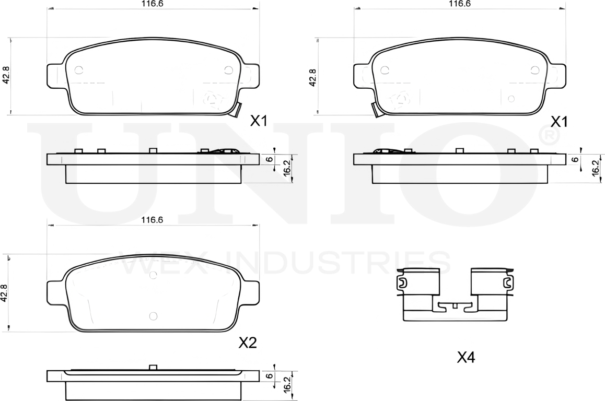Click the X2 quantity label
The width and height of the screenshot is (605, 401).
point(247,343)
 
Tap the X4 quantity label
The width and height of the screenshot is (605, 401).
point(466,358)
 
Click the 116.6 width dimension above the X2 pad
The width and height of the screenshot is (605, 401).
point(152,220)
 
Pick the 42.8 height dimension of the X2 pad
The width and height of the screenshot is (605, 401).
point(4,293)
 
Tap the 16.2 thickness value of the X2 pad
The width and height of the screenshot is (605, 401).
point(287,384)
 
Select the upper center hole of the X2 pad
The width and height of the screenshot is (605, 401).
point(153,275)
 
